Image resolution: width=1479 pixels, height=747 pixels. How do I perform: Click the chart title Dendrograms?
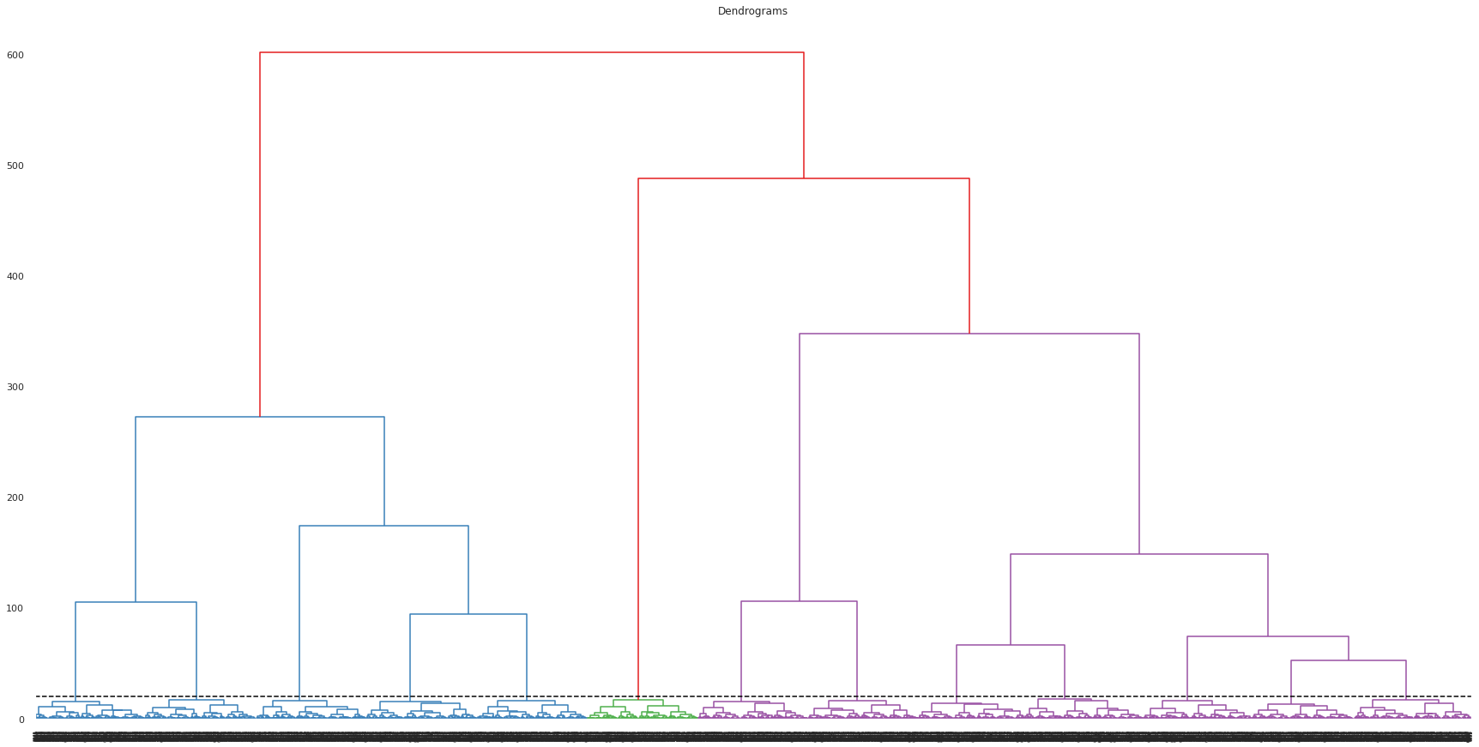pyautogui.click(x=752, y=11)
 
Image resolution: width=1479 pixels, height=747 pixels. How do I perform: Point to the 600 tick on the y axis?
pyautogui.click(x=15, y=56)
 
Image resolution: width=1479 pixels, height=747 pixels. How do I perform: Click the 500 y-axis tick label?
pyautogui.click(x=15, y=166)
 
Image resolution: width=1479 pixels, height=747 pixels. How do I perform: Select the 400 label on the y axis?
pyautogui.click(x=15, y=277)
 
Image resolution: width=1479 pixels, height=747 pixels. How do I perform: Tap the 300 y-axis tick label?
pyautogui.click(x=15, y=388)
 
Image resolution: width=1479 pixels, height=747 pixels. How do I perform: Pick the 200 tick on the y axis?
pyautogui.click(x=15, y=498)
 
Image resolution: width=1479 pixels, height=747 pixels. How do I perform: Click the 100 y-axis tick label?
pyautogui.click(x=15, y=609)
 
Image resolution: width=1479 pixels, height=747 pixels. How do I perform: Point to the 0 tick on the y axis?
pyautogui.click(x=21, y=720)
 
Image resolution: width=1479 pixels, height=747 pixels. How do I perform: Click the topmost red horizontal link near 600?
pyautogui.click(x=532, y=52)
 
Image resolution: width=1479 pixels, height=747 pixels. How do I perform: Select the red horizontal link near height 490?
pyautogui.click(x=804, y=178)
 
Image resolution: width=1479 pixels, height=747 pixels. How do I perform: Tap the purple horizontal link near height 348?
pyautogui.click(x=969, y=334)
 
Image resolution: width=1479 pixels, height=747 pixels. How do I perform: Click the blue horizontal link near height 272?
pyautogui.click(x=260, y=417)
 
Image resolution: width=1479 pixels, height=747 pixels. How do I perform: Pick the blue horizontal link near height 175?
pyautogui.click(x=383, y=526)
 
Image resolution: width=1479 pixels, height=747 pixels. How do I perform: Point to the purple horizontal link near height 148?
pyautogui.click(x=1139, y=554)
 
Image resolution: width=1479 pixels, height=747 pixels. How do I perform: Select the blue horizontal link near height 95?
pyautogui.click(x=468, y=614)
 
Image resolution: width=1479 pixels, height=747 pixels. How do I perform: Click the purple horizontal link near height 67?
pyautogui.click(x=1011, y=645)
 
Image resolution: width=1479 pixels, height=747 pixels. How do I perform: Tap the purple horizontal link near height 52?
pyautogui.click(x=1349, y=660)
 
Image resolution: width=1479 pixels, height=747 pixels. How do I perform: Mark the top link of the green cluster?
pyautogui.click(x=638, y=700)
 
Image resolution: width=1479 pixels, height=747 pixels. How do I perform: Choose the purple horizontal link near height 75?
pyautogui.click(x=1268, y=636)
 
